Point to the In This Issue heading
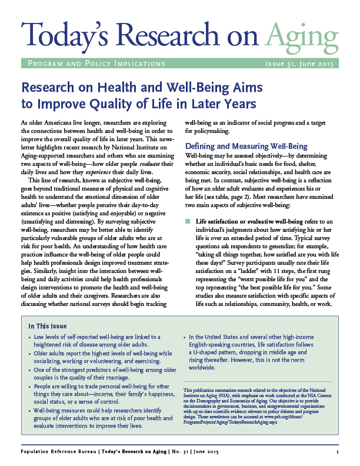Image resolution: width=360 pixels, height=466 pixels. [x=48, y=326]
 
